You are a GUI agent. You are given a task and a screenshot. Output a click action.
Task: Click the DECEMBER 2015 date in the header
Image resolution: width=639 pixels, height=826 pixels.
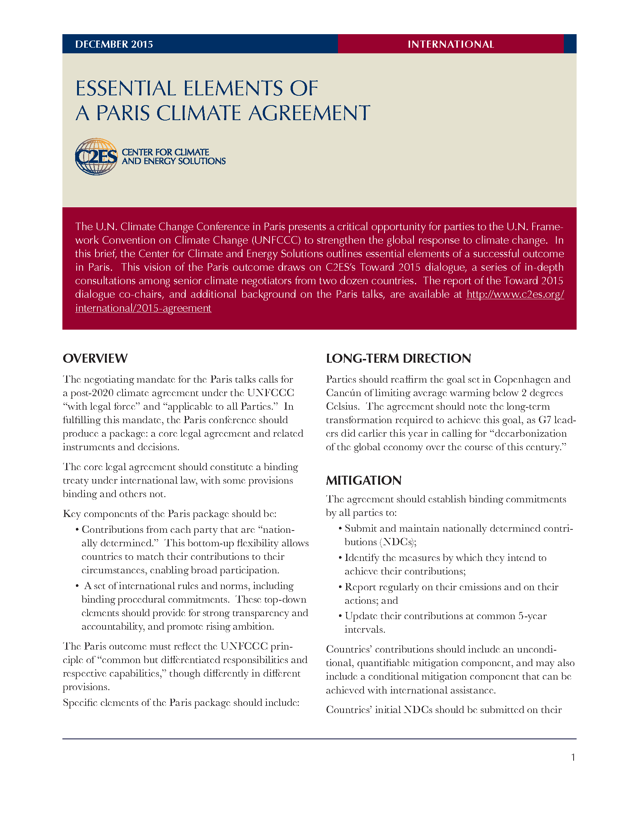coord(114,44)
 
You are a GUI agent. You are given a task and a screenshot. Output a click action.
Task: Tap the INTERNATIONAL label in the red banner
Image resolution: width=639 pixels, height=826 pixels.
coord(450,44)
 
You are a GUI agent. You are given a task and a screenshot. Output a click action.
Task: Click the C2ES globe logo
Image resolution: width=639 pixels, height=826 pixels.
coord(96,156)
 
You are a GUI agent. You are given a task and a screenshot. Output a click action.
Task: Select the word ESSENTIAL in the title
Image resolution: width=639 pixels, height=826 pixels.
coord(126,89)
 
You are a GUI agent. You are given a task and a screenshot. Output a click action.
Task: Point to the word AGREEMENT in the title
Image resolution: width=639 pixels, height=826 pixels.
coord(309,113)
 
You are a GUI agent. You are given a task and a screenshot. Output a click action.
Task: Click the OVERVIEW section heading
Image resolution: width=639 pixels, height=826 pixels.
coord(95,358)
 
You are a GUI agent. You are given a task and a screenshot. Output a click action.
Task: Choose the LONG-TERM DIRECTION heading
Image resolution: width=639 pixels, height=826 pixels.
coord(398,358)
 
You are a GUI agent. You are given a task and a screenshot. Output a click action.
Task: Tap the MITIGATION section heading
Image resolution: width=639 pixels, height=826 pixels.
coord(363,480)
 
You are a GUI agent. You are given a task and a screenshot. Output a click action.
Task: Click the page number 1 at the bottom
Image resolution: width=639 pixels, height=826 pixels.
coord(573,757)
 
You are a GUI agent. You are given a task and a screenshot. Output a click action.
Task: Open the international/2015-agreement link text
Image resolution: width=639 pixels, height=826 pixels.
coord(143,308)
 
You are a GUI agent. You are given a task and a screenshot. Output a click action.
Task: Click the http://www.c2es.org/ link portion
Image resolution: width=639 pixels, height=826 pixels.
coord(515,294)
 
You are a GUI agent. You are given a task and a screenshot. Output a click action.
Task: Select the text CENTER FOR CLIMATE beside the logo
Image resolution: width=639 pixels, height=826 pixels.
coord(165,152)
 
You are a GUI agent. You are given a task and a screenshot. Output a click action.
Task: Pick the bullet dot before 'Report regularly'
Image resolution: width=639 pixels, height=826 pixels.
coord(341,587)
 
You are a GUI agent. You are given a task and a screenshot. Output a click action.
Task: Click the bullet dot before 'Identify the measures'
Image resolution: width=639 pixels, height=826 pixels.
coord(341,558)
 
